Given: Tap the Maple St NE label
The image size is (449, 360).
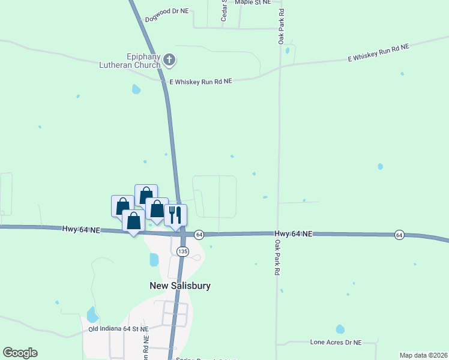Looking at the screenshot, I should [253, 2].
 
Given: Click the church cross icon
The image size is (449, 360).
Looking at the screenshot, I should [170, 59].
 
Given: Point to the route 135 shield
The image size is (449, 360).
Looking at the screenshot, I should [183, 251].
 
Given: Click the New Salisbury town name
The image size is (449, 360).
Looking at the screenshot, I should [180, 286].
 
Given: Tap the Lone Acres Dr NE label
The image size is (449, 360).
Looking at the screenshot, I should [336, 342].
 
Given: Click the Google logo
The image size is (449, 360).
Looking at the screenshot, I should [20, 353].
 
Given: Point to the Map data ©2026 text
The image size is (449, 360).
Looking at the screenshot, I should [423, 355].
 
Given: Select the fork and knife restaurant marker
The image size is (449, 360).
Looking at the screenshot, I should [176, 215].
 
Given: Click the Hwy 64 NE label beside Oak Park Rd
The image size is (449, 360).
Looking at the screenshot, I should [294, 234].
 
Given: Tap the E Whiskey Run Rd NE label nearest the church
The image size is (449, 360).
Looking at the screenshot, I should [200, 80].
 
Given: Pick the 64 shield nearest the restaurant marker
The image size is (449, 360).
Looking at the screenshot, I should [199, 234].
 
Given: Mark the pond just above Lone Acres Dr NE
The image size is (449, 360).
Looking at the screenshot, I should [340, 329].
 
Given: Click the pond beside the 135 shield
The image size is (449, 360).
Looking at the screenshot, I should [154, 260].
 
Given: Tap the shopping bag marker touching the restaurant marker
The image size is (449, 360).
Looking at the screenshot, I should [157, 209].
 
